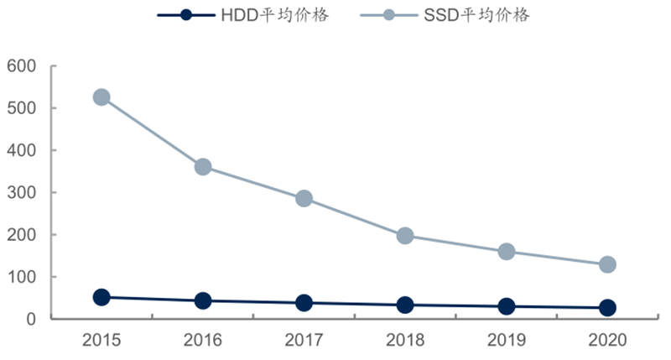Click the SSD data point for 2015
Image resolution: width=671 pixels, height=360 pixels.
click(x=101, y=97)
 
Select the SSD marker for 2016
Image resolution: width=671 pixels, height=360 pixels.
click(x=202, y=167)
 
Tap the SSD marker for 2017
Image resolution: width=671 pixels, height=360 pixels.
click(x=304, y=199)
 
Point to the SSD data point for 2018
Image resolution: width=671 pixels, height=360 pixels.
click(x=405, y=236)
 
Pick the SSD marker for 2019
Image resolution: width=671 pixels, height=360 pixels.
click(x=507, y=252)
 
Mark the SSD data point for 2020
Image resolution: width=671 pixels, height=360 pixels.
click(x=607, y=265)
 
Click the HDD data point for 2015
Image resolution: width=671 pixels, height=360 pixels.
click(x=101, y=297)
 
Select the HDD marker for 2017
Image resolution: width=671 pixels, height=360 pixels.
click(x=304, y=303)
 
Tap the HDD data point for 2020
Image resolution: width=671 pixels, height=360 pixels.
click(x=607, y=308)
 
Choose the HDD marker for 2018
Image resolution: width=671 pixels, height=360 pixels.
click(x=405, y=305)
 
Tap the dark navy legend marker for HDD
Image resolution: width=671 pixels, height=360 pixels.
click(x=186, y=15)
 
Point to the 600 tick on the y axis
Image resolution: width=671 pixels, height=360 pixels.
click(x=22, y=66)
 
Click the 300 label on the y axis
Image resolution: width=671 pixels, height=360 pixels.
click(x=22, y=193)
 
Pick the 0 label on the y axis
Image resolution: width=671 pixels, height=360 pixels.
click(x=32, y=320)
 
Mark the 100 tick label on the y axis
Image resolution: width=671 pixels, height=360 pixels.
click(x=22, y=277)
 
